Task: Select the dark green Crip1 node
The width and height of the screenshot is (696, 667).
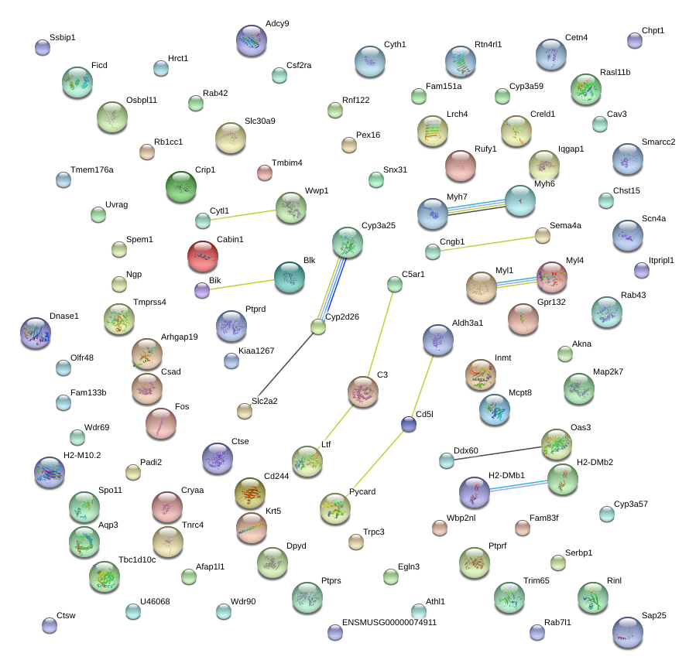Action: point(181,186)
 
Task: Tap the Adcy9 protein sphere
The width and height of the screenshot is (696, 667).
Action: point(251,39)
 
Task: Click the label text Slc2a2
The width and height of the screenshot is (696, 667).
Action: point(265,401)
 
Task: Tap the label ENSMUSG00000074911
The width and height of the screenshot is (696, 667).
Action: point(389,621)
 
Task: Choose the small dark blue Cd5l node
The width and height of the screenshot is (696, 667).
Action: point(409,423)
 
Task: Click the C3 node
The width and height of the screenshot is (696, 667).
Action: point(362,392)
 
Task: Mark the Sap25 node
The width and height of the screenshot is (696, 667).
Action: point(627,632)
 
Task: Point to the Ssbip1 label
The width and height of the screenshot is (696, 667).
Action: point(63,37)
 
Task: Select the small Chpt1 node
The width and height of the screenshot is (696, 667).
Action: point(635,40)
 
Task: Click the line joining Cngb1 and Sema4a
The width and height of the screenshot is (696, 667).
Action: point(488,243)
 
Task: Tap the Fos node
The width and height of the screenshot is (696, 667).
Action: point(160,422)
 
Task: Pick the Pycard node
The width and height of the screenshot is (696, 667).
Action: point(335,508)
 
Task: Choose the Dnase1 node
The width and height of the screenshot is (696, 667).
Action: point(36,332)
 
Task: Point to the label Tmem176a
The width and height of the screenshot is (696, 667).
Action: point(92,169)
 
